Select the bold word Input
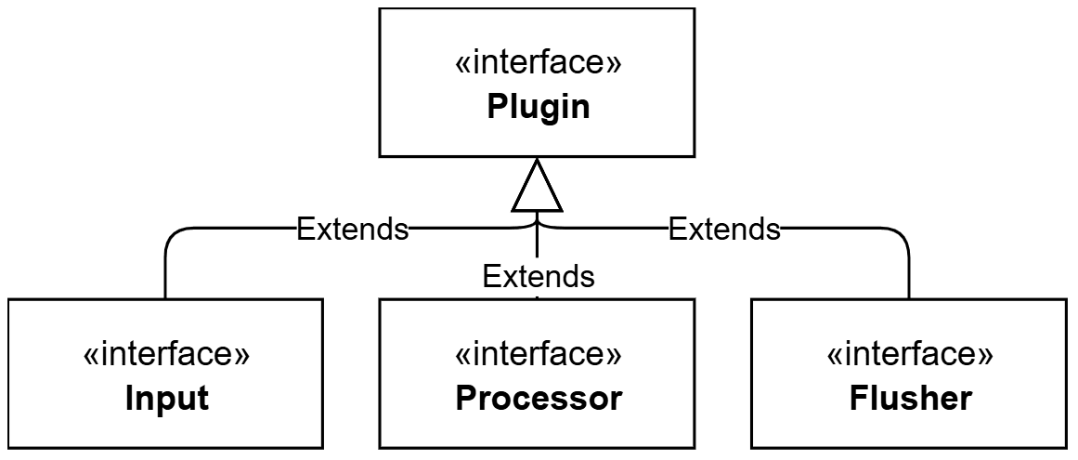click(166, 399)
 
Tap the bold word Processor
click(539, 399)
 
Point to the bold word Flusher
click(910, 399)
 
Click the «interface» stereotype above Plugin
click(539, 63)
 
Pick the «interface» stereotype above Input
click(166, 354)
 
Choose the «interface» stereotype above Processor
click(539, 354)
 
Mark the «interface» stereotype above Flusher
click(910, 354)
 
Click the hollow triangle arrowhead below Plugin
click(537, 186)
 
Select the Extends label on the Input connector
click(352, 229)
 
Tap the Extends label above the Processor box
click(539, 276)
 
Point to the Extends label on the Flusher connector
click(724, 229)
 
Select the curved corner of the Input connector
click(173, 235)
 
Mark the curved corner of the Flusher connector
click(902, 235)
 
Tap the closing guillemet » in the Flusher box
click(987, 356)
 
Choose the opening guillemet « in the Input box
click(90, 356)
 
